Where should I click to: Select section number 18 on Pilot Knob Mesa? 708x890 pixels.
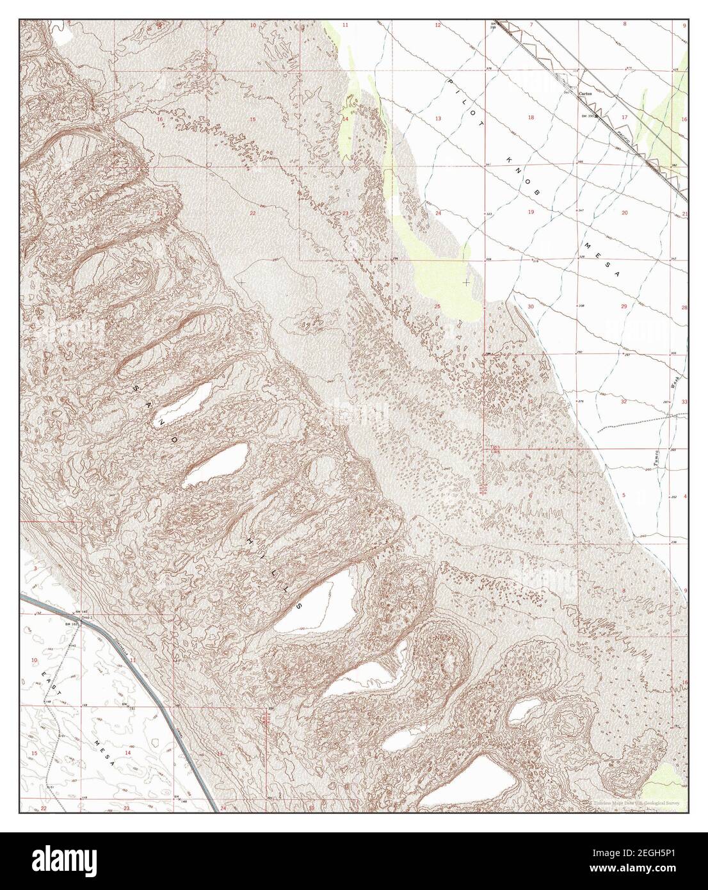coord(531,118)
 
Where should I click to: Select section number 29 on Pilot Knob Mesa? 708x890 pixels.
coord(624,307)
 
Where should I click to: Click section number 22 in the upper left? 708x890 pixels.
coord(253,213)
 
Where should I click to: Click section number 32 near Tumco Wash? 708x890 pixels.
coord(623,402)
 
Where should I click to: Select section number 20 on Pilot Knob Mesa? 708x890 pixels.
coord(624,212)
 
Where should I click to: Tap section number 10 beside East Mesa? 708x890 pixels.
coord(35,659)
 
